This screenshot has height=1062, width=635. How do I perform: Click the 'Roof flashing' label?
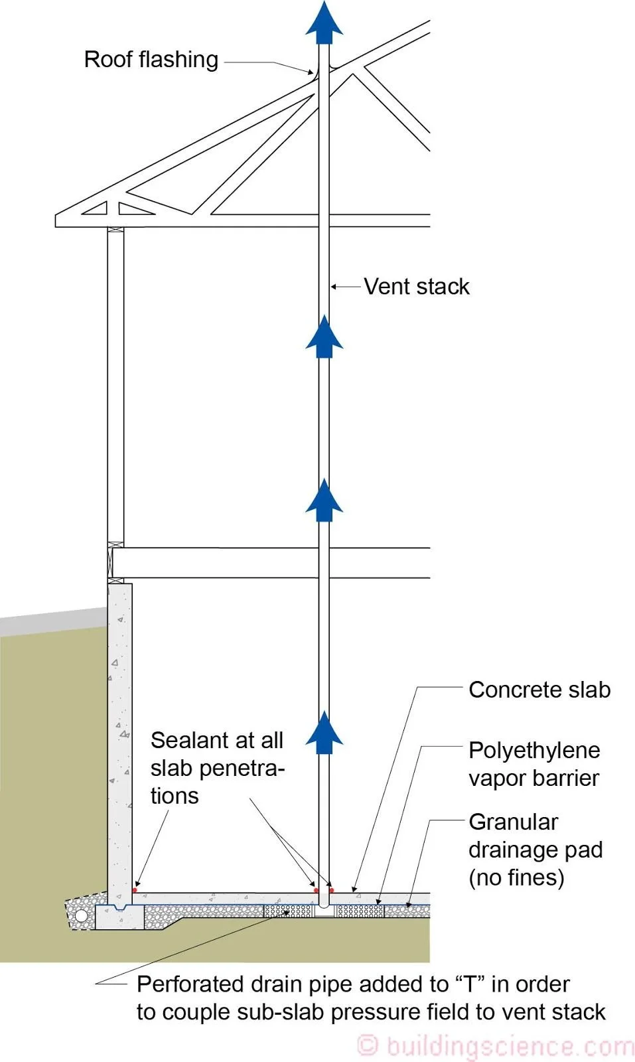(151, 60)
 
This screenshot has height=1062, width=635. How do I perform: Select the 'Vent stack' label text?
(416, 287)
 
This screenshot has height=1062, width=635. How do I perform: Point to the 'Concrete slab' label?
(539, 690)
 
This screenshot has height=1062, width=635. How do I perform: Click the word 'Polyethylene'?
(533, 750)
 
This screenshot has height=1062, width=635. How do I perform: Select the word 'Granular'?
(513, 822)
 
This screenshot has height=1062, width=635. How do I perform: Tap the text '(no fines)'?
(516, 877)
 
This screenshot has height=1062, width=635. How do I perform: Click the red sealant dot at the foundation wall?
(135, 890)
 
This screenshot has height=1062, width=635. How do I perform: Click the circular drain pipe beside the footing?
(82, 916)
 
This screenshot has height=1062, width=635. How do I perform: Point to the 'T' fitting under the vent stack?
(324, 911)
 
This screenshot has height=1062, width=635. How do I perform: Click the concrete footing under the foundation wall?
(119, 917)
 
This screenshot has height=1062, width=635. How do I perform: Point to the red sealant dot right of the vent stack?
(332, 890)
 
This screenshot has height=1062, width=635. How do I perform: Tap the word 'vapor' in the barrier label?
(498, 778)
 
